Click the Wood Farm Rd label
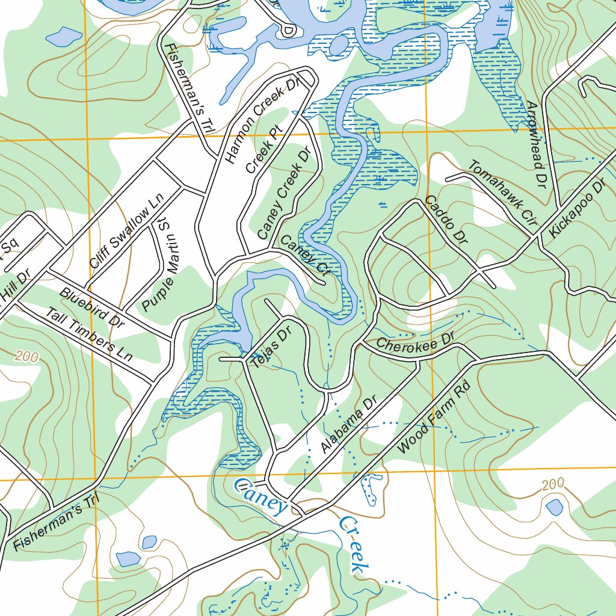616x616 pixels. click(433, 419)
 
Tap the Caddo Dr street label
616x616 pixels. click(446, 220)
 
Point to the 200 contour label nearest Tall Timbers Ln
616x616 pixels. click(27, 356)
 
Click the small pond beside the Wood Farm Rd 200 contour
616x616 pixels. click(554, 508)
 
